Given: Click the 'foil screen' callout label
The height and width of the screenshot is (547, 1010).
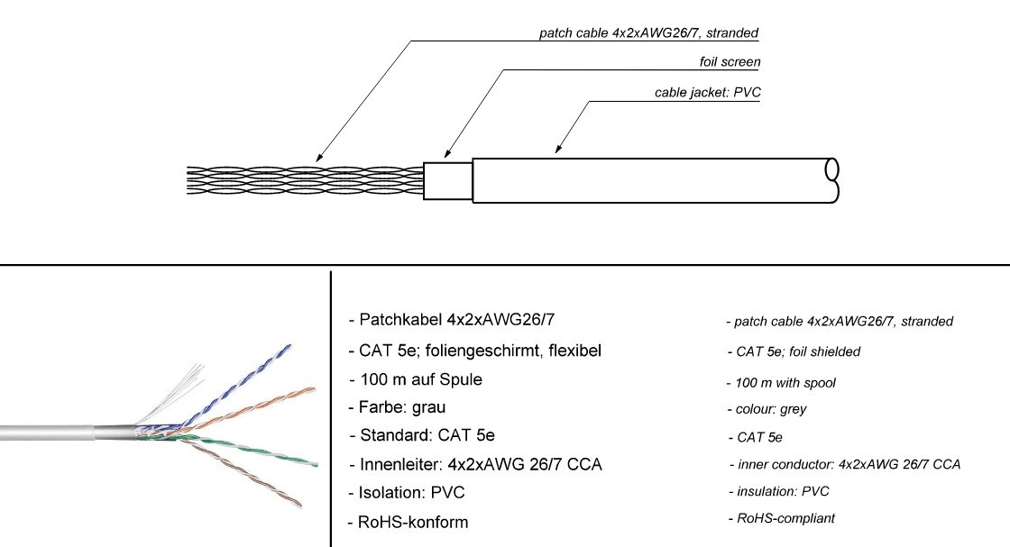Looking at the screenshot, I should coord(730,62).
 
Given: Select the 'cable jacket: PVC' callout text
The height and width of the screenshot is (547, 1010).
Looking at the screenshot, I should coord(707,92).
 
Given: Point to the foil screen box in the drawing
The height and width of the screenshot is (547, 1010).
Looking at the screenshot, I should coord(448,181).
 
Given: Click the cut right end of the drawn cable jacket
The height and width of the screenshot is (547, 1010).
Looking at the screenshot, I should coord(831,179).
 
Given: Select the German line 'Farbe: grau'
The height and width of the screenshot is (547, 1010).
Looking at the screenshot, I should coord(397,407).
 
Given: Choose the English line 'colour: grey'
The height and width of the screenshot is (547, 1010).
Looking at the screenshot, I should coord(767,409).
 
